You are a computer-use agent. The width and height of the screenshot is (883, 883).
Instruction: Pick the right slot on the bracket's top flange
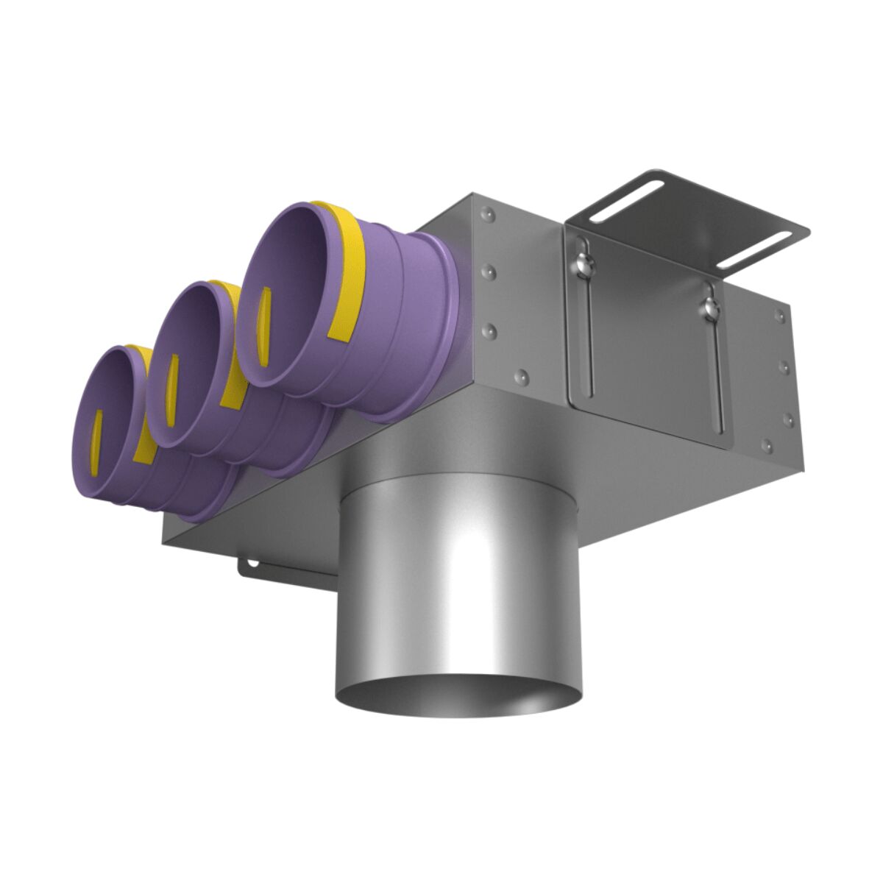tap(755, 250)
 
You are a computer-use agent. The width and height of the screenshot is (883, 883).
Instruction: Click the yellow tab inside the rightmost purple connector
tap(263, 327)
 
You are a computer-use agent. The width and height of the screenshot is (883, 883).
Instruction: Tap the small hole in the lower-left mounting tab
tap(252, 563)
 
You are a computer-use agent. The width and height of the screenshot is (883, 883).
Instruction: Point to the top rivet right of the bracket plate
tap(779, 316)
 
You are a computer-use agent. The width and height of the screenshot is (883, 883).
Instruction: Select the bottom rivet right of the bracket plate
tap(767, 444)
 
